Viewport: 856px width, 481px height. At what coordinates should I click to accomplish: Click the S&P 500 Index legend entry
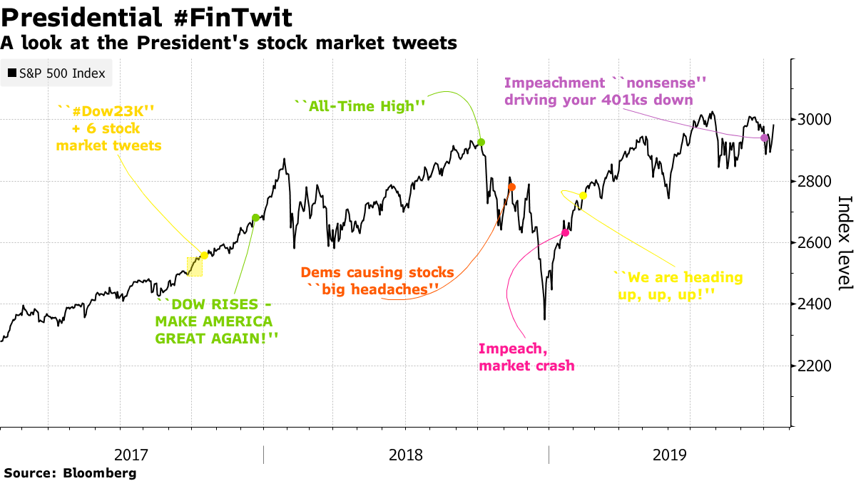tap(56, 73)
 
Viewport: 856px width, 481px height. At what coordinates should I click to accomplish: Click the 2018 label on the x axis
tap(405, 455)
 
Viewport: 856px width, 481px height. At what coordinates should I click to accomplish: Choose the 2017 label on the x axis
tap(131, 455)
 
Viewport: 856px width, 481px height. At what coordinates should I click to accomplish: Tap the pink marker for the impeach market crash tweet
tap(566, 233)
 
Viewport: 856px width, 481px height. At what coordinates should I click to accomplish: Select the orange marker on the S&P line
tap(511, 187)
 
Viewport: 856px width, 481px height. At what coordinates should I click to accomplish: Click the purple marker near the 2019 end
tap(765, 138)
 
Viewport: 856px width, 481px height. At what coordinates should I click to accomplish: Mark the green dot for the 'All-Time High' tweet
tap(481, 143)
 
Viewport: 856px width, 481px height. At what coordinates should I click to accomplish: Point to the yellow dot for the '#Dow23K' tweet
tap(205, 255)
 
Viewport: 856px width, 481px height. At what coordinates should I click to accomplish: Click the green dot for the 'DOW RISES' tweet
tap(255, 218)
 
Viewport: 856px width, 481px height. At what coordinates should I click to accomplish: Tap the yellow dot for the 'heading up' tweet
tap(584, 195)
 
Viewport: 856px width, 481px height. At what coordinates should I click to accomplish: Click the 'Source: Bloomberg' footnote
tap(70, 472)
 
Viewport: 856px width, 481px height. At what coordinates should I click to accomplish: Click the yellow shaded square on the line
tap(194, 267)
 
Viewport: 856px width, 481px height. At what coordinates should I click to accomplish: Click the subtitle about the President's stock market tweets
tap(228, 43)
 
